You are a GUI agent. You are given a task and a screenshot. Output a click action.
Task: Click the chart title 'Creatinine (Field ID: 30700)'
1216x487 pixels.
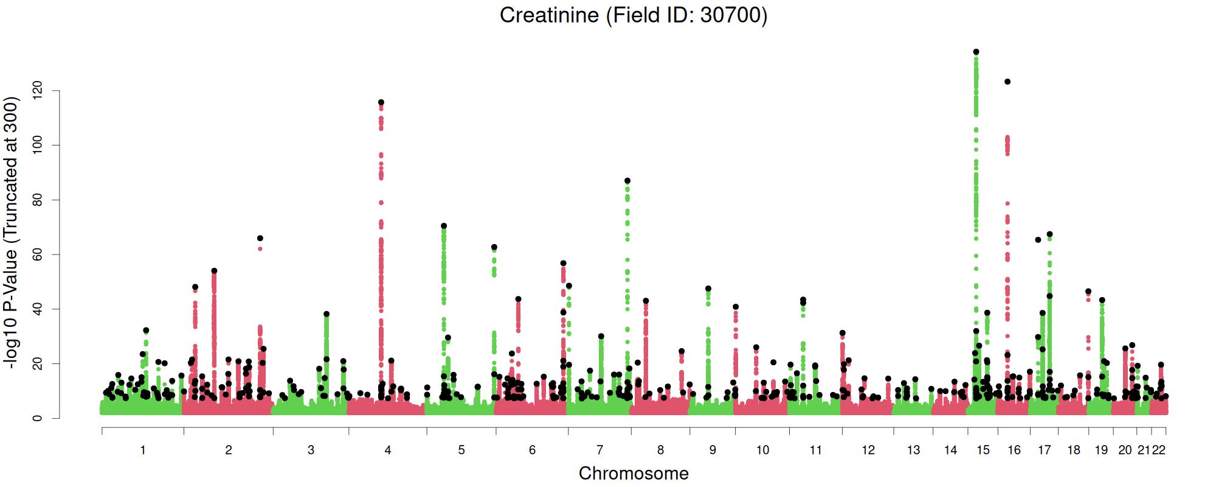[x=633, y=15]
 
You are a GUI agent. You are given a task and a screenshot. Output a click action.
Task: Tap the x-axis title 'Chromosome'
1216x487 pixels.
[x=634, y=473]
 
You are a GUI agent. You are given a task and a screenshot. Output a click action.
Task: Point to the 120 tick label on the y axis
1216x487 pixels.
[x=38, y=91]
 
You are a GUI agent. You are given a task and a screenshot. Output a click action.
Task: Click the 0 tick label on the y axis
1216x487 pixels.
[x=38, y=418]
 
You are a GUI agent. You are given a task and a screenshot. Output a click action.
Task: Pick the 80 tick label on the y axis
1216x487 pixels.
[x=38, y=200]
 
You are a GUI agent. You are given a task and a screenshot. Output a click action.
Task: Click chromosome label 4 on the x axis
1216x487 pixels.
[x=388, y=450]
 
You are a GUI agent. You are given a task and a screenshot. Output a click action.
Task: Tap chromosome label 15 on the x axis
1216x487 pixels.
[x=983, y=450]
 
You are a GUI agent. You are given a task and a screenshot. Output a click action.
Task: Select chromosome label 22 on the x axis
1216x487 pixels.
[x=1159, y=450]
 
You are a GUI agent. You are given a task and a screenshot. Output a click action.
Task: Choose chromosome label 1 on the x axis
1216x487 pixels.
[x=143, y=450]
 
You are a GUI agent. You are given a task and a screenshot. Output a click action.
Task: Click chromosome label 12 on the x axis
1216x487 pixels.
[x=868, y=450]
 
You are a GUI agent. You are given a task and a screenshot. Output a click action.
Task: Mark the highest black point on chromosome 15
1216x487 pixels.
[x=976, y=52]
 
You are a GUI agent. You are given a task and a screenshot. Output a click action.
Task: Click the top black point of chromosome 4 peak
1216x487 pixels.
[x=381, y=102]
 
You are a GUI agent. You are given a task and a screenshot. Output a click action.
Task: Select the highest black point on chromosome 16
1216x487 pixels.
[x=1007, y=82]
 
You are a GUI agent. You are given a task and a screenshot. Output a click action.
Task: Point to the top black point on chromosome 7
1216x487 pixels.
[x=627, y=181]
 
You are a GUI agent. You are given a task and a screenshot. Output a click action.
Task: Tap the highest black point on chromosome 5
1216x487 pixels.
[x=444, y=226]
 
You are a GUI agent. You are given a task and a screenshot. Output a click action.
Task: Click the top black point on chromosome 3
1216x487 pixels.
[x=326, y=314]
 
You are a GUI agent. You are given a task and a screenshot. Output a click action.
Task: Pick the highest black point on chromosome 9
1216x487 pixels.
[x=708, y=289]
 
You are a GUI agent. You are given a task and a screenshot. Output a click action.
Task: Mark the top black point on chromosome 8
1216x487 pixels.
[x=646, y=301]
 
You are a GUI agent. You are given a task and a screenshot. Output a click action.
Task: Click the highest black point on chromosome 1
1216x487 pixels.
[x=146, y=331]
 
